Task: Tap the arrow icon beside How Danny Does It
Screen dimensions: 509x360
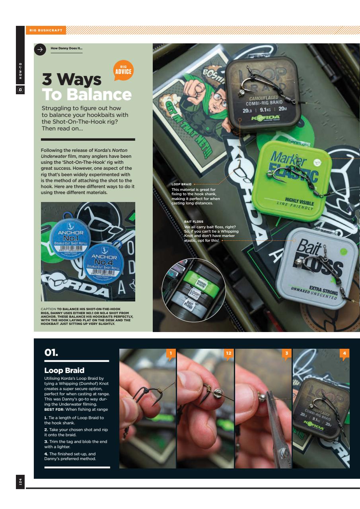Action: click(39, 49)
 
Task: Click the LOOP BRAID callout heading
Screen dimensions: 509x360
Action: click(181, 184)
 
